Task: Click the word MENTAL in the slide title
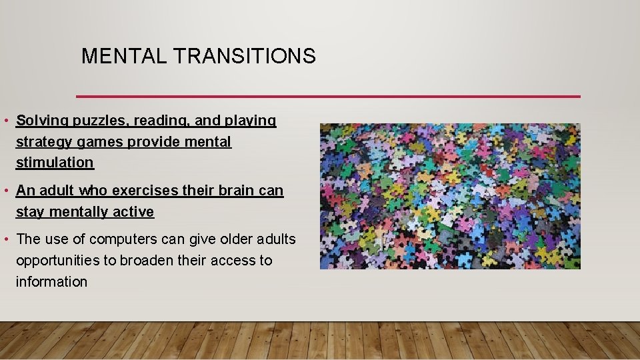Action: tap(124, 57)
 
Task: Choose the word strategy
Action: tap(41, 142)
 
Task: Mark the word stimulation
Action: tap(55, 163)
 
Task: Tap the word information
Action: tap(51, 282)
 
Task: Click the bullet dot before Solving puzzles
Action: tap(5, 121)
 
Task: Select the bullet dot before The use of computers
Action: tap(5, 239)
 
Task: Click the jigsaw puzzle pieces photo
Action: tap(450, 196)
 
